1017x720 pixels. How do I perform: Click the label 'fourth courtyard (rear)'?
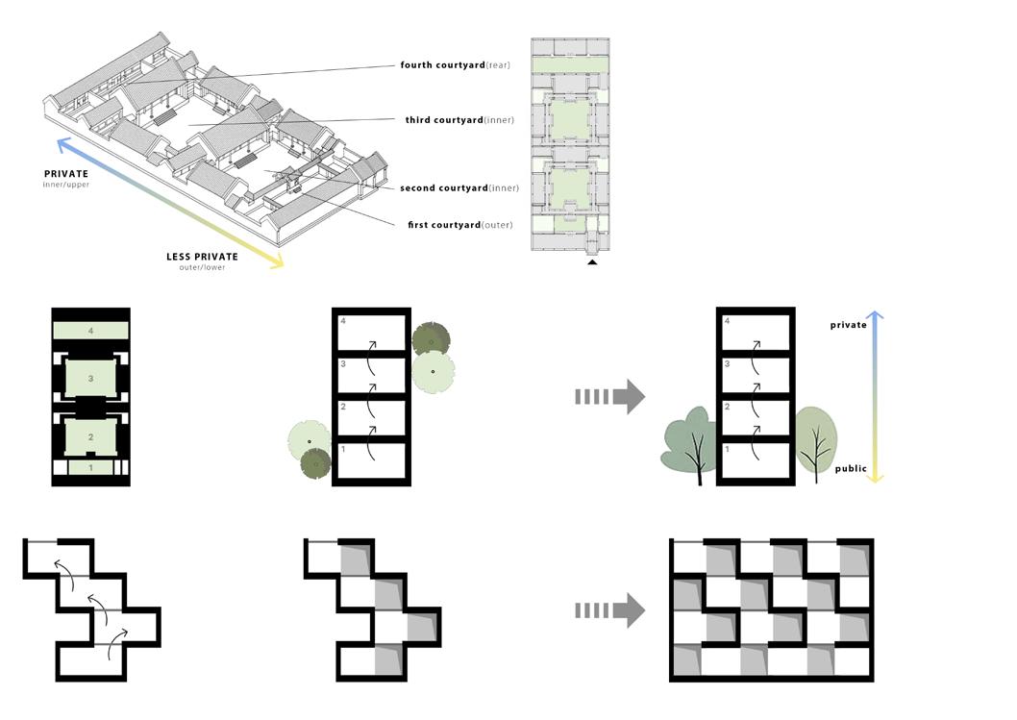pos(455,65)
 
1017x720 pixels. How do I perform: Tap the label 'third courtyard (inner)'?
pos(459,120)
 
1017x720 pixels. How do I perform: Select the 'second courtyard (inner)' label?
pos(459,188)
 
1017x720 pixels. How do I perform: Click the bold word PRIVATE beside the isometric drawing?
pos(66,174)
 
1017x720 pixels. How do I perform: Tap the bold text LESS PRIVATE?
pos(201,257)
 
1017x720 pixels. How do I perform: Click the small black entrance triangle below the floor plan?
pos(592,261)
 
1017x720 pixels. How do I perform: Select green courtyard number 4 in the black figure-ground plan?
pos(90,330)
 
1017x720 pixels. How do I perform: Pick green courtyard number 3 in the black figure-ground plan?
pos(90,379)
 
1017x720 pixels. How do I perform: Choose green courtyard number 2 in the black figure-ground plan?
pos(90,437)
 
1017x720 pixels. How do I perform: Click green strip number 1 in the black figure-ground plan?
pos(90,467)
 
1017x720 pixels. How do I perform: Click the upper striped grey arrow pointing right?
pos(609,396)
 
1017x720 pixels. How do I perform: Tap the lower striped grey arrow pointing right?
pos(609,610)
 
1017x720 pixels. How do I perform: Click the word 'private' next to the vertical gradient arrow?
pos(848,325)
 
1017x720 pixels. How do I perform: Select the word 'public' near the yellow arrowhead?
pos(850,469)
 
